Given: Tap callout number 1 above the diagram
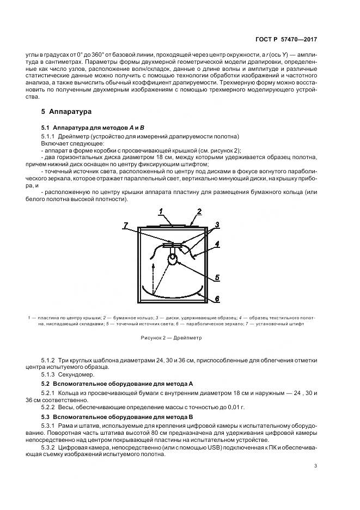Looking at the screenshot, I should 161,210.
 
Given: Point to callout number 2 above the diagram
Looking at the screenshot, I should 199,210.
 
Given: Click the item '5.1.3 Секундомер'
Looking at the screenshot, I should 68,375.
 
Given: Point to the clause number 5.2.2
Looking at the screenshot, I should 48,408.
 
